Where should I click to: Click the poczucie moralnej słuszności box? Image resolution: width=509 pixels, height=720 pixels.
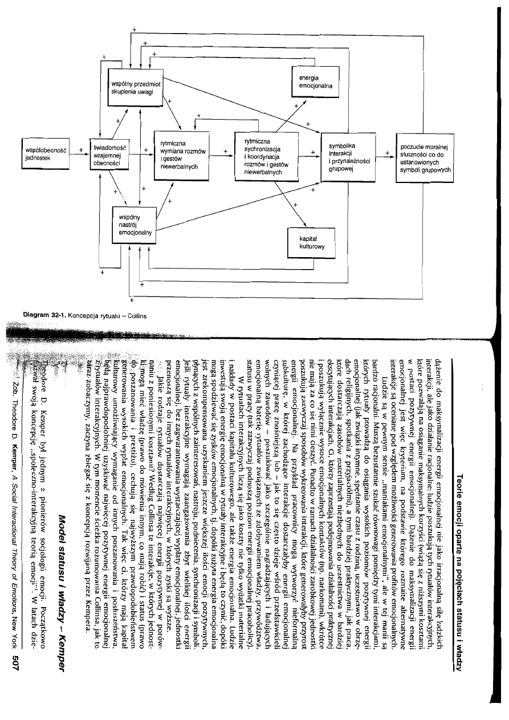[x=429, y=158]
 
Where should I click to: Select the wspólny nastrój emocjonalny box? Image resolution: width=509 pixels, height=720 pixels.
[x=135, y=225]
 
